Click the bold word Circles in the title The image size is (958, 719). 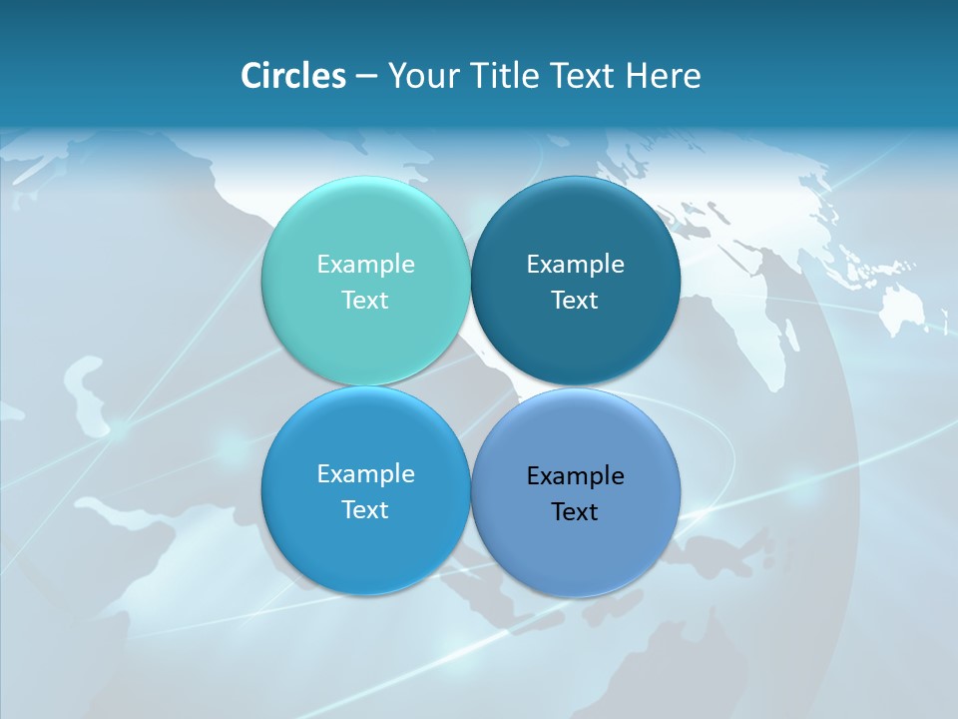pyautogui.click(x=293, y=76)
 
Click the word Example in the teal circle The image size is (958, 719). pyautogui.click(x=365, y=264)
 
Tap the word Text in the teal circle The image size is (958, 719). pyautogui.click(x=365, y=300)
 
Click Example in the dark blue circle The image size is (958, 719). pyautogui.click(x=575, y=264)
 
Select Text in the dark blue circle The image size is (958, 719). pyautogui.click(x=575, y=300)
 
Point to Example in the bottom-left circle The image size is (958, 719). pyautogui.click(x=365, y=473)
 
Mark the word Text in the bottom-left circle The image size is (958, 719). pyautogui.click(x=365, y=509)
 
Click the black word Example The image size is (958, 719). pyautogui.click(x=575, y=475)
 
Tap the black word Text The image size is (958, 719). pyautogui.click(x=575, y=511)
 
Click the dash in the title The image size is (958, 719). pyautogui.click(x=366, y=77)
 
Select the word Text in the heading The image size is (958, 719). pyautogui.click(x=584, y=76)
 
